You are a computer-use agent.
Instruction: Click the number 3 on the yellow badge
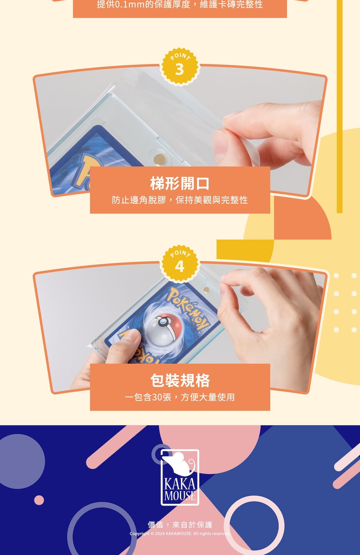point(180,69)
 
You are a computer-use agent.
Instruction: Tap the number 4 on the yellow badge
point(180,267)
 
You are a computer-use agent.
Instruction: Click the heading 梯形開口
point(180,184)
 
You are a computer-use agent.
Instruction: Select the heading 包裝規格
point(180,380)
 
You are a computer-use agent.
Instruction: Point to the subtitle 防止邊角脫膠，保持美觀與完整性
point(180,200)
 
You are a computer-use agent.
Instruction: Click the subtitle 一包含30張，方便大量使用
point(180,397)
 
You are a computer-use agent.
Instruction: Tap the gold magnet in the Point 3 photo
point(160,159)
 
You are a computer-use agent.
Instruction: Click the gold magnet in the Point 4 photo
point(206,289)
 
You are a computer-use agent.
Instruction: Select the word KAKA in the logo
point(180,484)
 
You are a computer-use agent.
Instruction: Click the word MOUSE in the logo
point(180,495)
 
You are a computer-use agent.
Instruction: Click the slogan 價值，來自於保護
point(180,525)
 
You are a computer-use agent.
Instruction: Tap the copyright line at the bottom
point(180,533)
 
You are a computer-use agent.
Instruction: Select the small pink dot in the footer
point(39,500)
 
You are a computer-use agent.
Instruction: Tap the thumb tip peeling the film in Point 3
point(220,141)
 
